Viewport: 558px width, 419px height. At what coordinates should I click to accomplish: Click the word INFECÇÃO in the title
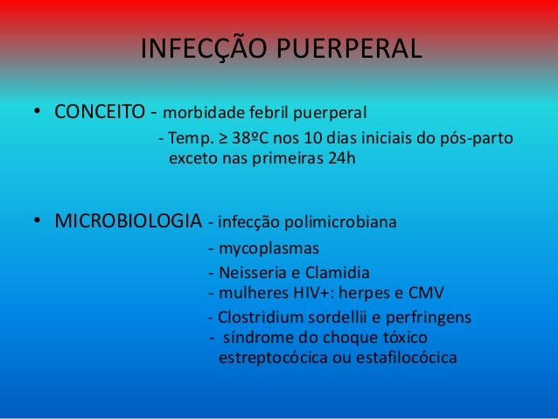point(194,49)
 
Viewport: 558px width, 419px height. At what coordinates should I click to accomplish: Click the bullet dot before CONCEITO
point(38,113)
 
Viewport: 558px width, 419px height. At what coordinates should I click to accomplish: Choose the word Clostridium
point(262,317)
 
